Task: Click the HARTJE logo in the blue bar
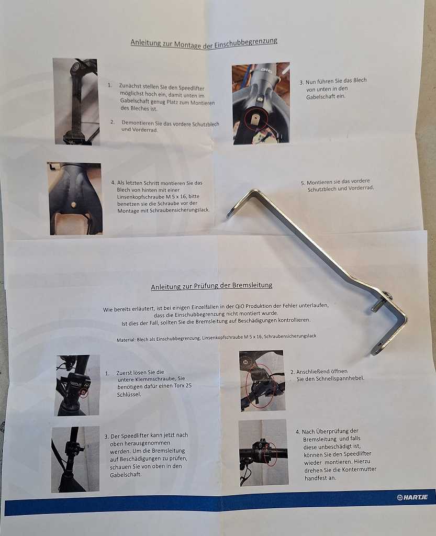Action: (x=412, y=497)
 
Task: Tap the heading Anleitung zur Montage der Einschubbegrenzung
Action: (x=204, y=43)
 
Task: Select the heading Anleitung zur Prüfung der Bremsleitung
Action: (x=211, y=285)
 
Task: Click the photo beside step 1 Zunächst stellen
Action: (x=76, y=102)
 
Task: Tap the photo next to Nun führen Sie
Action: (x=261, y=103)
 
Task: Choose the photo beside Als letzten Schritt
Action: (x=75, y=198)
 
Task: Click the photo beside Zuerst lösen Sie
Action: (x=77, y=385)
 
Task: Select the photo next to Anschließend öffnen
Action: (x=262, y=381)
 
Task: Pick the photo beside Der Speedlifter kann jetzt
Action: (x=75, y=459)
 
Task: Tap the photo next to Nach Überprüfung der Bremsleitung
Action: (x=263, y=452)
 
